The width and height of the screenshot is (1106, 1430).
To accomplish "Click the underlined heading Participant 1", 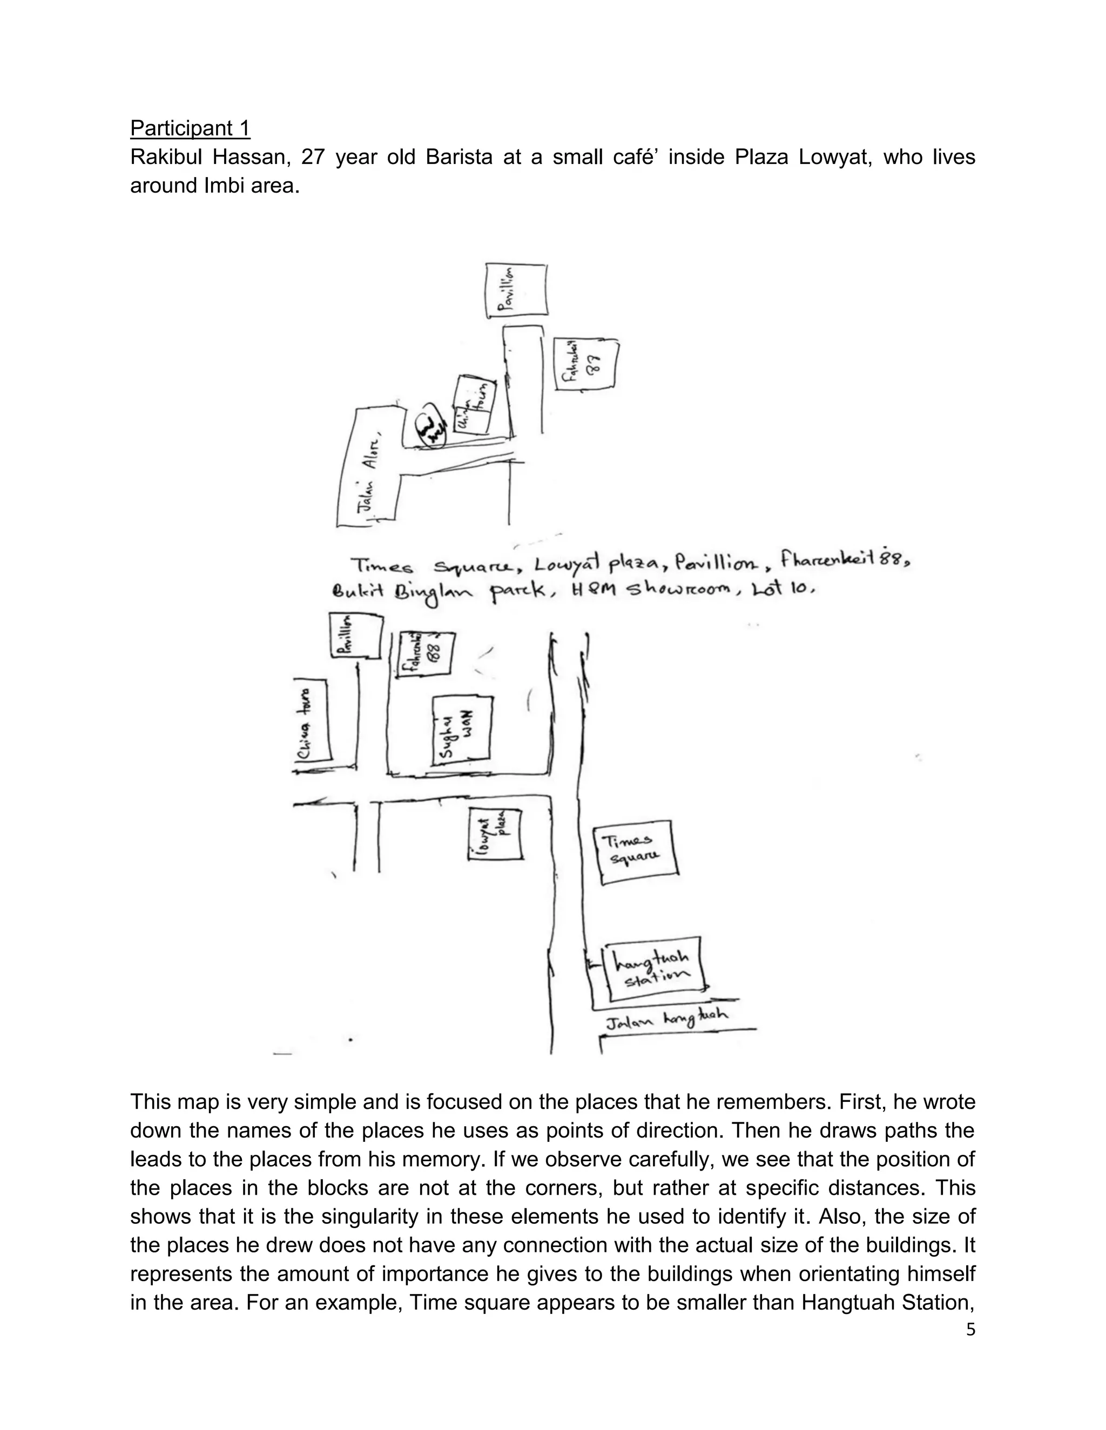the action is [x=190, y=128].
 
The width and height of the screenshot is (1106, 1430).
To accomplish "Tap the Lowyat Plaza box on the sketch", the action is [x=495, y=834].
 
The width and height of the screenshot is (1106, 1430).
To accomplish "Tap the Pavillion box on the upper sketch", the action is [x=516, y=291].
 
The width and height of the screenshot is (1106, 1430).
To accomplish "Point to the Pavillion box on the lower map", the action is [x=356, y=635].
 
